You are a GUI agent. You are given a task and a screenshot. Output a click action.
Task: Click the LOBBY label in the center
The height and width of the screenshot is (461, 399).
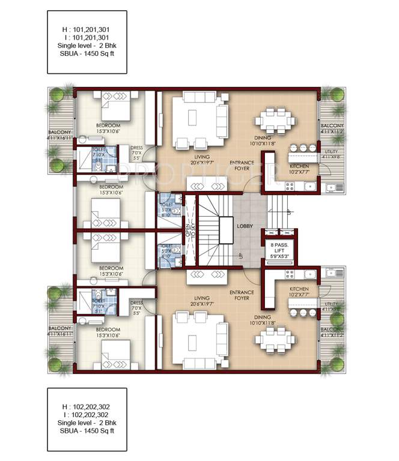244,227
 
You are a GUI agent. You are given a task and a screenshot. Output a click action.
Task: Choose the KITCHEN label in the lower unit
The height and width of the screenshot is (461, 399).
299,289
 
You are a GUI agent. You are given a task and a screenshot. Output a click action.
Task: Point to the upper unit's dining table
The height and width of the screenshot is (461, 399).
276,119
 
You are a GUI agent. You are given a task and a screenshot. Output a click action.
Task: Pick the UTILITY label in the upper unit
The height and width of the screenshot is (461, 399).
331,152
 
